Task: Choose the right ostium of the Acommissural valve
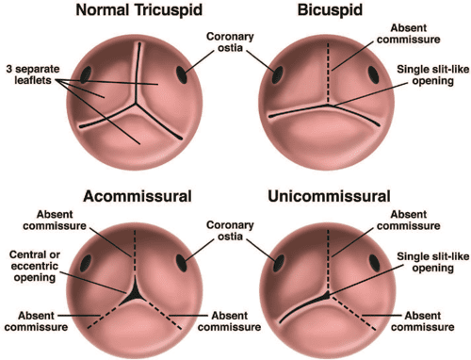[194, 254]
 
